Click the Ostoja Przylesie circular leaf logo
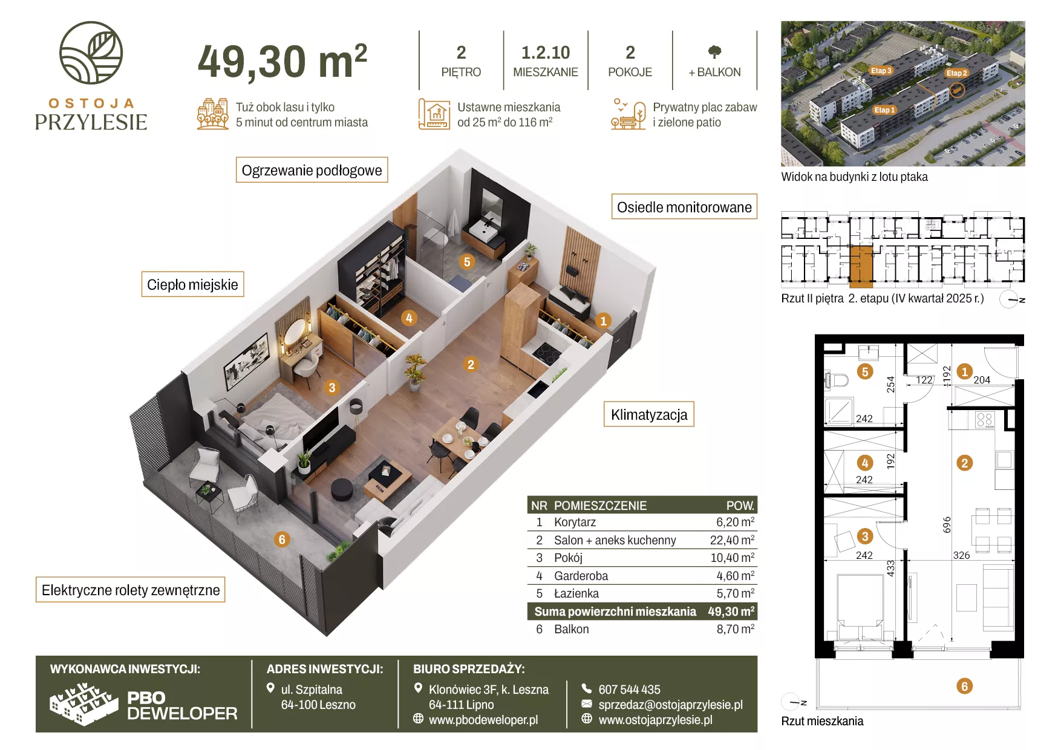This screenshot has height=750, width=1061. click(x=91, y=53)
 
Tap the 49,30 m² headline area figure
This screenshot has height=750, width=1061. click(x=282, y=61)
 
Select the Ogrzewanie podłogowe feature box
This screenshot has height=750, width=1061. click(x=312, y=170)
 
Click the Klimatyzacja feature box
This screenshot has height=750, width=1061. click(x=649, y=414)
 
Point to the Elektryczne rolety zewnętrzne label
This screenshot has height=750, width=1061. click(x=131, y=590)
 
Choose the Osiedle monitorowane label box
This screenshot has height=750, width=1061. click(x=684, y=207)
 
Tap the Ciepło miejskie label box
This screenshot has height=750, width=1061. click(x=192, y=284)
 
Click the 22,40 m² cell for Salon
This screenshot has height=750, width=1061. click(x=732, y=540)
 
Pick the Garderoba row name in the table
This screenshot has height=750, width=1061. click(x=581, y=576)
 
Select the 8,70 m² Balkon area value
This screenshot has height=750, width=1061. click(x=736, y=629)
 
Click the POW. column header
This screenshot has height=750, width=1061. click(x=740, y=506)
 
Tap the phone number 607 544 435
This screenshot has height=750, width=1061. click(x=629, y=690)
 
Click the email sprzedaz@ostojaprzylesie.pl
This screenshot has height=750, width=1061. click(x=670, y=705)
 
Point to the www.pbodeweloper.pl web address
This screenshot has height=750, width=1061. click(x=483, y=720)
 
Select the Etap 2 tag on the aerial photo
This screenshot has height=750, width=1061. click(x=956, y=73)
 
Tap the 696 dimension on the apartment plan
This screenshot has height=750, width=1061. click(x=947, y=524)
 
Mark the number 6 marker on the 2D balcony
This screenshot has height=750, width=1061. click(x=964, y=686)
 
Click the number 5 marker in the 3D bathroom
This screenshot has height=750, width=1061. click(x=466, y=262)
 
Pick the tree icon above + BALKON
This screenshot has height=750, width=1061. click(x=714, y=52)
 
